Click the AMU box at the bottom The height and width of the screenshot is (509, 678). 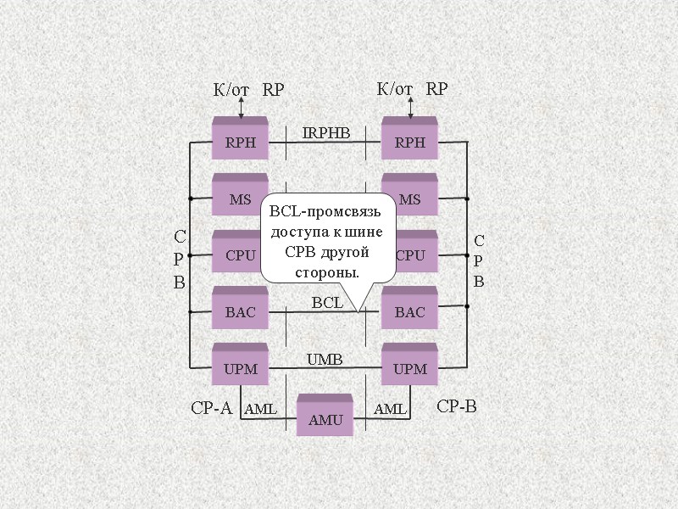click(325, 417)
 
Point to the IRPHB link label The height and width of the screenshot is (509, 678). click(325, 132)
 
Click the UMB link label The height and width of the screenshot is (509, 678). click(324, 360)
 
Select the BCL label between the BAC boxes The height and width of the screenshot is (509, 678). click(327, 302)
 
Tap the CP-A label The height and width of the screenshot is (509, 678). click(211, 408)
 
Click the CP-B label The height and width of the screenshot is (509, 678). click(457, 406)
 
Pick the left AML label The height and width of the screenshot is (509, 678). click(260, 410)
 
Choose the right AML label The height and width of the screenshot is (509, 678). click(390, 410)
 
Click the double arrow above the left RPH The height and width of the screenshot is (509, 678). click(242, 107)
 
